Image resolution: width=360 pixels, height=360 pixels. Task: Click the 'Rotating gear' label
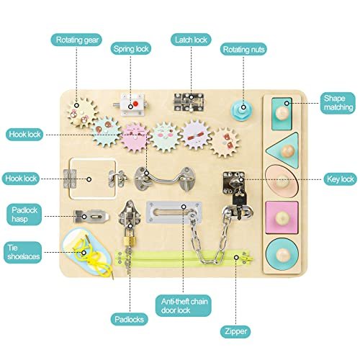pyautogui.click(x=76, y=40)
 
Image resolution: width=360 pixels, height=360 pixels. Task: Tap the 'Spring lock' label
pyautogui.click(x=131, y=48)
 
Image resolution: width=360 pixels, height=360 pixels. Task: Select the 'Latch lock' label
pyautogui.click(x=191, y=40)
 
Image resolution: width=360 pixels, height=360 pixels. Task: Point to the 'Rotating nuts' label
pyautogui.click(x=243, y=49)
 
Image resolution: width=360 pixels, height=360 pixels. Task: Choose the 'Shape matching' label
pyautogui.click(x=338, y=103)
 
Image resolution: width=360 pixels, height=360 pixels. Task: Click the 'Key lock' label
pyautogui.click(x=340, y=179)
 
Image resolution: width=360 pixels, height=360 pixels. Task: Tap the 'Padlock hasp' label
pyautogui.click(x=24, y=215)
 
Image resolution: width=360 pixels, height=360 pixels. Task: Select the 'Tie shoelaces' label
pyautogui.click(x=23, y=252)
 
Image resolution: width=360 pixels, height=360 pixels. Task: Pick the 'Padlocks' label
pyautogui.click(x=129, y=319)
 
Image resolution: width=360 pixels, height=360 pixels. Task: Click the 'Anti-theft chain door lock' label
pyautogui.click(x=184, y=305)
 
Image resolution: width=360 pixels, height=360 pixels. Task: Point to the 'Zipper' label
pyautogui.click(x=235, y=331)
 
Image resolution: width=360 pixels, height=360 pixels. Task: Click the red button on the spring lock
pyautogui.click(x=135, y=104)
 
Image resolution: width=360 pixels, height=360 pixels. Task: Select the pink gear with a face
pyautogui.click(x=135, y=138)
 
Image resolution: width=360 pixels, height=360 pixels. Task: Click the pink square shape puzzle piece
pyautogui.click(x=282, y=217)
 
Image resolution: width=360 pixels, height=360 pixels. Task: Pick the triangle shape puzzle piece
pyautogui.click(x=283, y=150)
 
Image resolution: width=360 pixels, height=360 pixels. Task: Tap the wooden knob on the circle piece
pyautogui.click(x=282, y=255)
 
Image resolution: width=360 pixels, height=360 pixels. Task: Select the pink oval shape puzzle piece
pyautogui.click(x=282, y=181)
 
